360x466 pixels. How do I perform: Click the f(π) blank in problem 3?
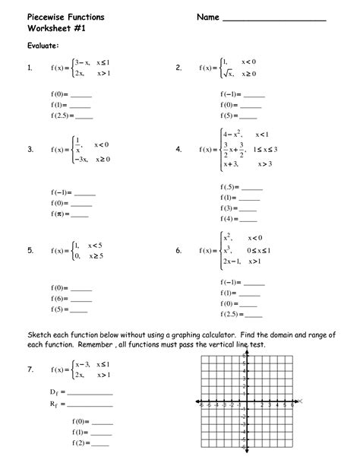coord(82,215)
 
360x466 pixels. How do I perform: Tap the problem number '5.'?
coord(29,250)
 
